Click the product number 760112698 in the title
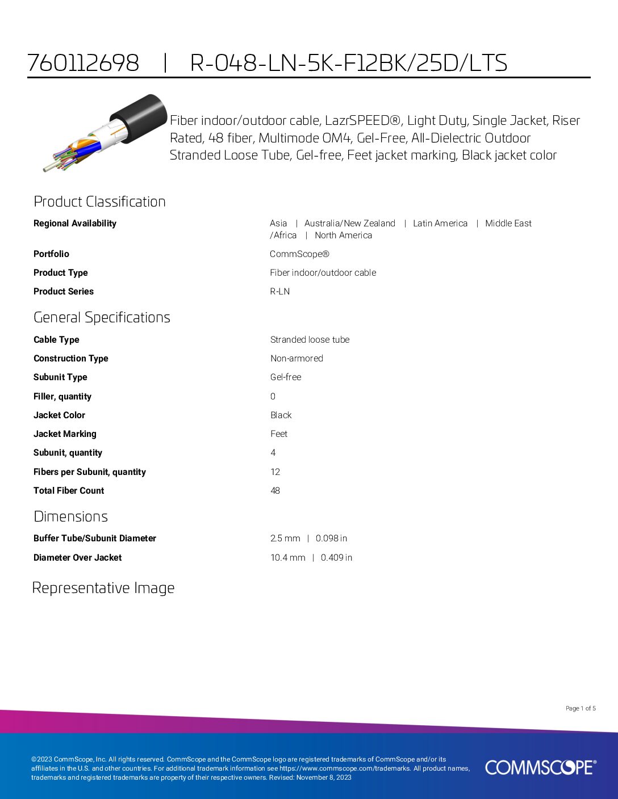pos(83,62)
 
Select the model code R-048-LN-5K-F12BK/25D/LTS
pos(348,62)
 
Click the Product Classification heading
pos(99,201)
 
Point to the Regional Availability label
pos(75,224)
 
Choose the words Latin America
pos(440,224)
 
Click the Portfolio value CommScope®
pos(299,254)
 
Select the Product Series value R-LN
pos(280,292)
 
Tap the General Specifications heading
pos(102,317)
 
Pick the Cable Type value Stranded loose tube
pos(310,340)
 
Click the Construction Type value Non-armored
pos(297,359)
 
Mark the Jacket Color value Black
pos(281,415)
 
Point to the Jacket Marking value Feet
pos(279,434)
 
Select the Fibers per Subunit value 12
pos(275,472)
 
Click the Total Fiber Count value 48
pos(275,491)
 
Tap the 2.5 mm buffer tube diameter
pos(285,539)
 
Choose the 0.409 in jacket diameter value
pos(336,558)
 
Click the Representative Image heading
pos(103,588)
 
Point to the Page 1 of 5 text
pos(581,708)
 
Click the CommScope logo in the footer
pos(540,767)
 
